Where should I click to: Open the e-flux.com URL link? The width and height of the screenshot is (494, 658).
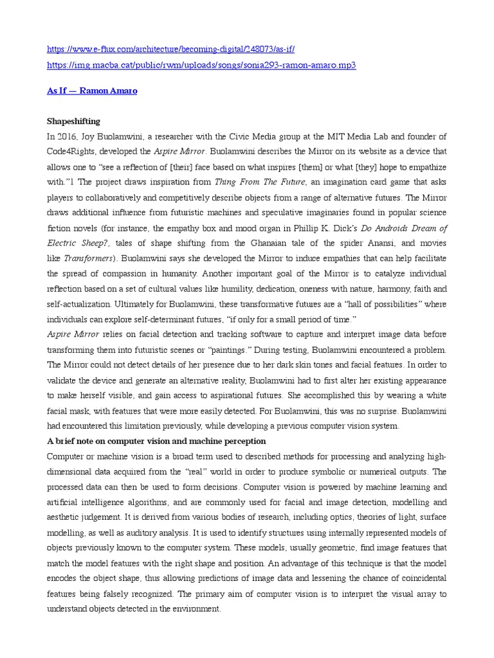click(x=170, y=49)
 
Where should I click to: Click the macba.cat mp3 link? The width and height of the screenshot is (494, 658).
click(x=201, y=66)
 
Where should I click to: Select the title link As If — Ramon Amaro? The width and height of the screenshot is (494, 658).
click(x=92, y=91)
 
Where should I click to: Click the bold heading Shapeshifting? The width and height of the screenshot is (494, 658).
click(x=73, y=121)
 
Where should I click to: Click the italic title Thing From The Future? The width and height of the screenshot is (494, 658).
click(x=252, y=182)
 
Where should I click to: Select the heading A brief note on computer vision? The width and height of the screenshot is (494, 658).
click(x=156, y=441)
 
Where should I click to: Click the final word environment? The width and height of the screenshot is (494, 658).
click(x=194, y=609)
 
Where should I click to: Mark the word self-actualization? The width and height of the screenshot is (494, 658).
click(x=80, y=304)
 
